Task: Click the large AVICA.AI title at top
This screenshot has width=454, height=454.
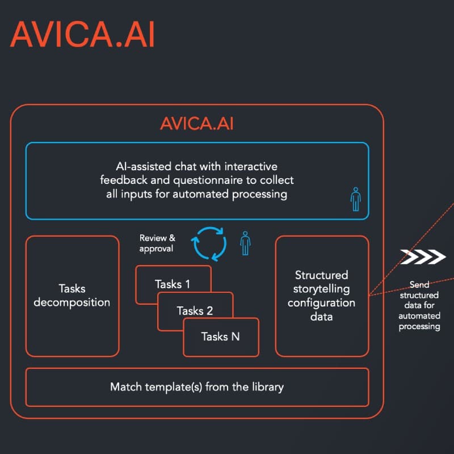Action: [82, 35]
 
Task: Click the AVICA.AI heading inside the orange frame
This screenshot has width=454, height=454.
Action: [196, 124]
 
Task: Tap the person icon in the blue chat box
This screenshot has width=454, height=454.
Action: [355, 198]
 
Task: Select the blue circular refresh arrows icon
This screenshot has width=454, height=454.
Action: [208, 243]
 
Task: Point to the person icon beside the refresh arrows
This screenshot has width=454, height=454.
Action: [245, 243]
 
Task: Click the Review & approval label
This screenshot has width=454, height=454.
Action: [157, 243]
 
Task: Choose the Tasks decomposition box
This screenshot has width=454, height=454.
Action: [72, 296]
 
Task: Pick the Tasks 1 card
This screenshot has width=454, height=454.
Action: [173, 284]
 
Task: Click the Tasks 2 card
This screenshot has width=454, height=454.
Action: [195, 310]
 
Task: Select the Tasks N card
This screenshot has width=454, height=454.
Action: [220, 337]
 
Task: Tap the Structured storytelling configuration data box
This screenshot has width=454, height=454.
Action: [321, 296]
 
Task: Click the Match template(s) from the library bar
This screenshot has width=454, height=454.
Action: [196, 387]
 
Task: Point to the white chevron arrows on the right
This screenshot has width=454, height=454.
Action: [422, 257]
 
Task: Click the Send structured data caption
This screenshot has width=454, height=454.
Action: [419, 306]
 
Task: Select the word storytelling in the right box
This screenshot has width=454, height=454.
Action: [321, 289]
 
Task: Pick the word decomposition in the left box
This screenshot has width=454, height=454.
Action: [72, 302]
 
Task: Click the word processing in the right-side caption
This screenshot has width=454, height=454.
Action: [419, 326]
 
